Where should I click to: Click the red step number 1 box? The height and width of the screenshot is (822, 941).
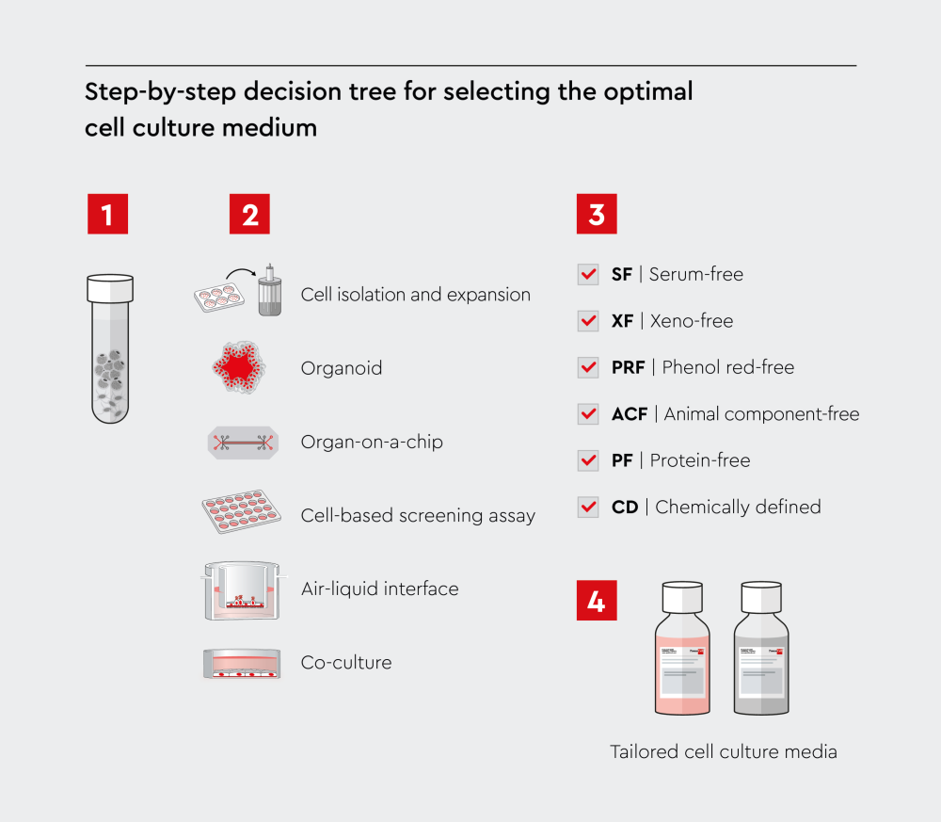pos(106,214)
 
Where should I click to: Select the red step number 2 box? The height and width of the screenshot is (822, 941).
pos(249,214)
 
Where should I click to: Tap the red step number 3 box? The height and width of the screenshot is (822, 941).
pos(597,214)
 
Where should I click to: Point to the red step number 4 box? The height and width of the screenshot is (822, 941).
pos(597,601)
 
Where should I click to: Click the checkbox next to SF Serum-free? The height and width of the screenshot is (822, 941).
pos(588,274)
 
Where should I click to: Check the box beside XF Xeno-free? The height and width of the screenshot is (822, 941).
pos(588,321)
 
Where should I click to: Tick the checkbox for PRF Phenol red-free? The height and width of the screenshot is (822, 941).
pos(588,367)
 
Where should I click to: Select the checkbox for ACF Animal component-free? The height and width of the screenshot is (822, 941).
pos(588,413)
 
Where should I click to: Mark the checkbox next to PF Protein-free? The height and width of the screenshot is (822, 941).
pos(588,460)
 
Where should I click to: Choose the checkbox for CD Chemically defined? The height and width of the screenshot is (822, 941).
pos(588,507)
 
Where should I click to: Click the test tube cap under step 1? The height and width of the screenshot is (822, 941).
pos(110,287)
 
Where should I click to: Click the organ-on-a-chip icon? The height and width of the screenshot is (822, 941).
pos(243,443)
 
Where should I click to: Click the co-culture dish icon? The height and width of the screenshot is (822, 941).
pos(243,663)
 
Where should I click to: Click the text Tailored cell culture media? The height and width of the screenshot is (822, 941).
pos(723,751)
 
